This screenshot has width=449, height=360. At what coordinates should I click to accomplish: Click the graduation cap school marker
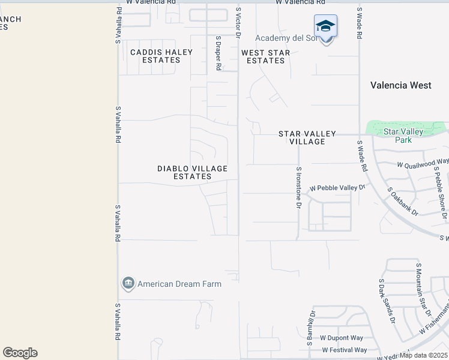pyautogui.click(x=325, y=26)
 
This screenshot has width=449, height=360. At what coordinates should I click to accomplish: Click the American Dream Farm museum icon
pyautogui.click(x=128, y=284)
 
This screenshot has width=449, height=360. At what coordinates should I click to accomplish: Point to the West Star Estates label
pyautogui.click(x=265, y=56)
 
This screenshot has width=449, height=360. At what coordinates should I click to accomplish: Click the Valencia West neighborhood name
pyautogui.click(x=400, y=85)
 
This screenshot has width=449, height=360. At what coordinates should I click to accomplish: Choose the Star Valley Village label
pyautogui.click(x=307, y=137)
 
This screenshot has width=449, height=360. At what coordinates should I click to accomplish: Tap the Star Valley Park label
pyautogui.click(x=403, y=136)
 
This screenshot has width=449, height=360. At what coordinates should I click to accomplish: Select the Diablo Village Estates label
pyautogui.click(x=192, y=173)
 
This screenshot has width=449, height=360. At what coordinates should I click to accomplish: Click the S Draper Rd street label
pyautogui.click(x=218, y=53)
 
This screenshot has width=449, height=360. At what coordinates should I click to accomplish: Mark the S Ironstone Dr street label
pyautogui.click(x=298, y=187)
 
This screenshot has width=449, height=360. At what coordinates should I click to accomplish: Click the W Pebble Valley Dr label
pyautogui.click(x=337, y=188)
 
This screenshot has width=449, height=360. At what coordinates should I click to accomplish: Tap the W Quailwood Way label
pyautogui.click(x=423, y=163)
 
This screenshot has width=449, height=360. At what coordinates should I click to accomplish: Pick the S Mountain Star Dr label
pyautogui.click(x=424, y=289)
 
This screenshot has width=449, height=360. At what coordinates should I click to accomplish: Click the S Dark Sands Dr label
pyautogui.click(x=387, y=301)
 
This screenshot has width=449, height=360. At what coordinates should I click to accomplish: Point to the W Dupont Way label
pyautogui.click(x=342, y=338)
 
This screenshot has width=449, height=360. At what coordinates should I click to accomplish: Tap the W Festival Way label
pyautogui.click(x=344, y=350)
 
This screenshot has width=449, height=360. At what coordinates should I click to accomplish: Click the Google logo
pyautogui.click(x=20, y=353)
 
